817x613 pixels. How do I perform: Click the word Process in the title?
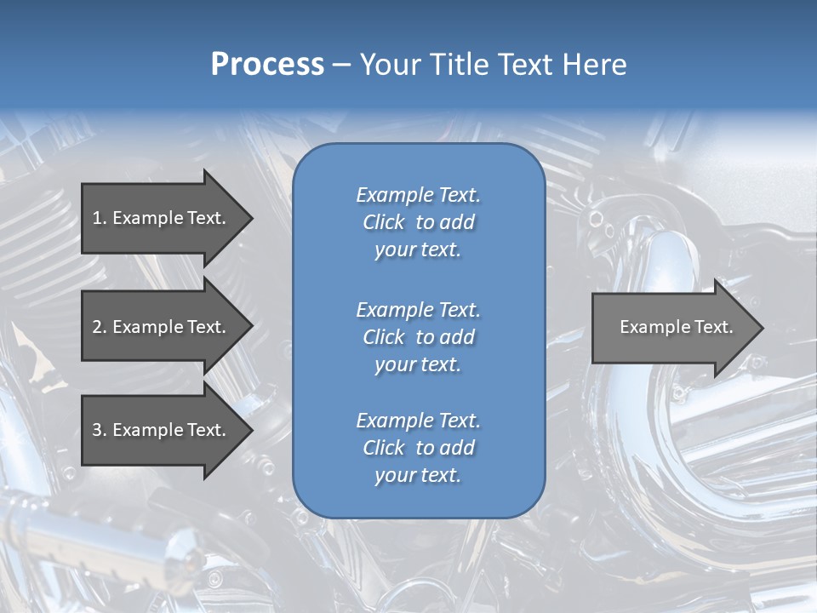[x=267, y=65]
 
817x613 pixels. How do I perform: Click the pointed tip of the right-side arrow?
[x=762, y=328]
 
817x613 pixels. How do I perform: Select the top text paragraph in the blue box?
[x=418, y=222]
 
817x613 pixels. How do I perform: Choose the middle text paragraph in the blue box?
[x=418, y=337]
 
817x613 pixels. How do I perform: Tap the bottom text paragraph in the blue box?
[x=418, y=448]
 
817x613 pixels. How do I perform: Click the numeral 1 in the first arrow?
[x=96, y=218]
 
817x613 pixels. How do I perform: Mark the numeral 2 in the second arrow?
[x=97, y=327]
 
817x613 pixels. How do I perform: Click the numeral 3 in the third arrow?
[x=97, y=430]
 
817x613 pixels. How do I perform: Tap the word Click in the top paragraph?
[x=383, y=222]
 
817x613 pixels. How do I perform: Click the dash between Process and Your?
[x=342, y=65]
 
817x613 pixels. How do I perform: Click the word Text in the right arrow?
[x=714, y=327]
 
